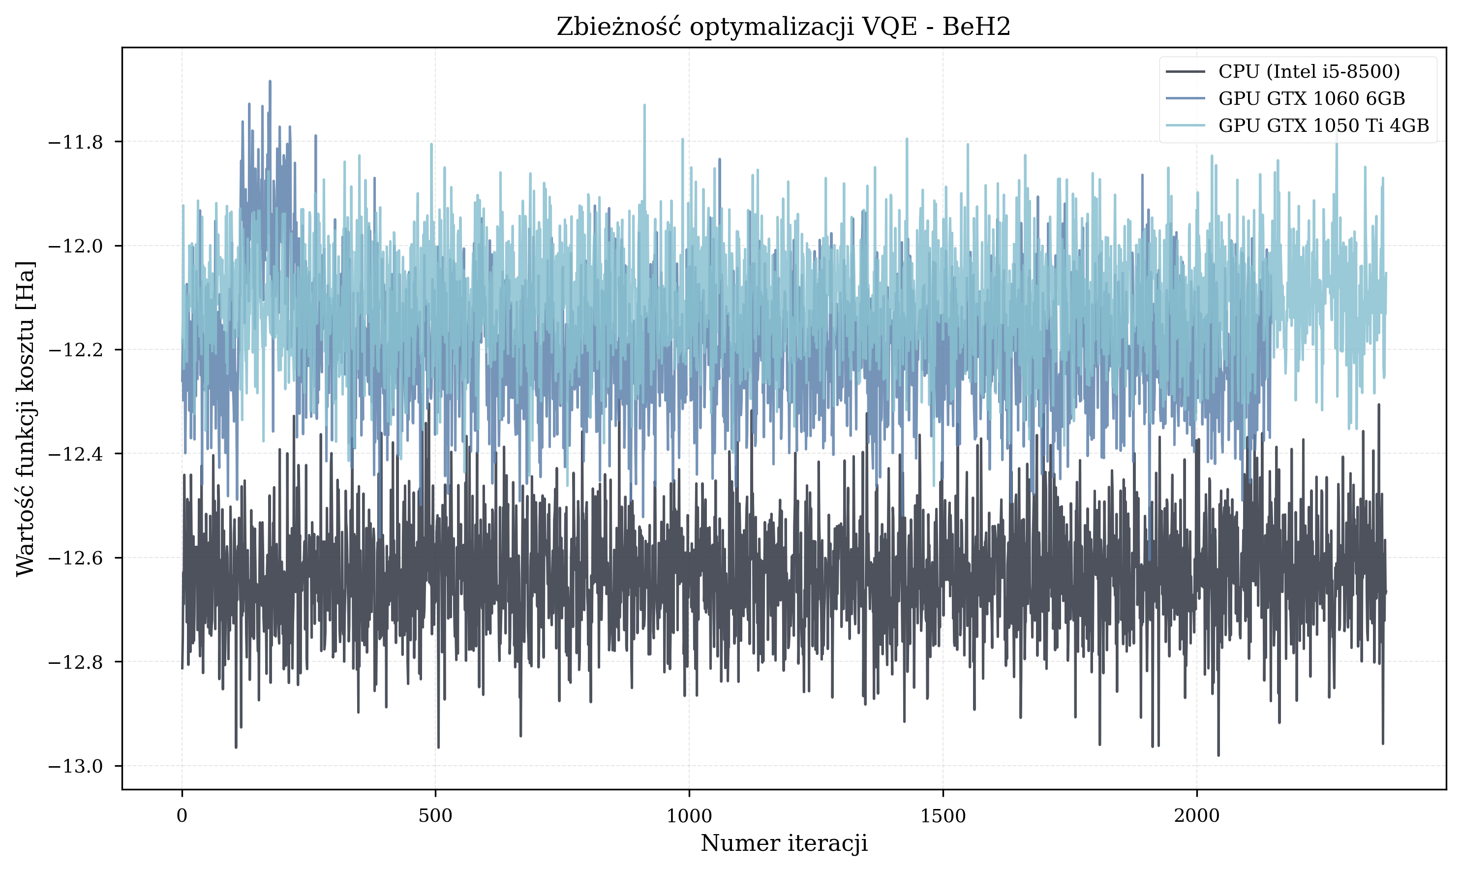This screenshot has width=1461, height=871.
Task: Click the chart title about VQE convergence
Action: pyautogui.click(x=783, y=27)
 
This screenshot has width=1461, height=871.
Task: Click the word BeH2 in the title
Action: pyautogui.click(x=976, y=27)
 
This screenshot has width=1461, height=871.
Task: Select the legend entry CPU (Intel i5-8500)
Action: pyautogui.click(x=1309, y=72)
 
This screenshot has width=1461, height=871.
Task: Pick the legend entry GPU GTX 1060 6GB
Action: pyautogui.click(x=1311, y=98)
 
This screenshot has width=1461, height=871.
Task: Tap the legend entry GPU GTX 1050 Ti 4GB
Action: pyautogui.click(x=1324, y=125)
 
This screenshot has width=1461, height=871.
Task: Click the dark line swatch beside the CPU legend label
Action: pyautogui.click(x=1185, y=72)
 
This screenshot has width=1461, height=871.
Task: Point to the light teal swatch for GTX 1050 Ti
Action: pyautogui.click(x=1185, y=125)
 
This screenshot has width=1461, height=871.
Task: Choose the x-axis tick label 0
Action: pyautogui.click(x=182, y=816)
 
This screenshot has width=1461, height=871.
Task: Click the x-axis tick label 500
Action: pyautogui.click(x=435, y=816)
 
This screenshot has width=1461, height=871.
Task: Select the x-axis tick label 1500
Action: pyautogui.click(x=943, y=816)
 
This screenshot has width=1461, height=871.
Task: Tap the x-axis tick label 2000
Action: pyautogui.click(x=1196, y=816)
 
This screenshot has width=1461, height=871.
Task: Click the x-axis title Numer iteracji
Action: pyautogui.click(x=784, y=843)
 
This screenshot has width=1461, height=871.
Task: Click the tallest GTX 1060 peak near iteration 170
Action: pyautogui.click(x=270, y=82)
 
